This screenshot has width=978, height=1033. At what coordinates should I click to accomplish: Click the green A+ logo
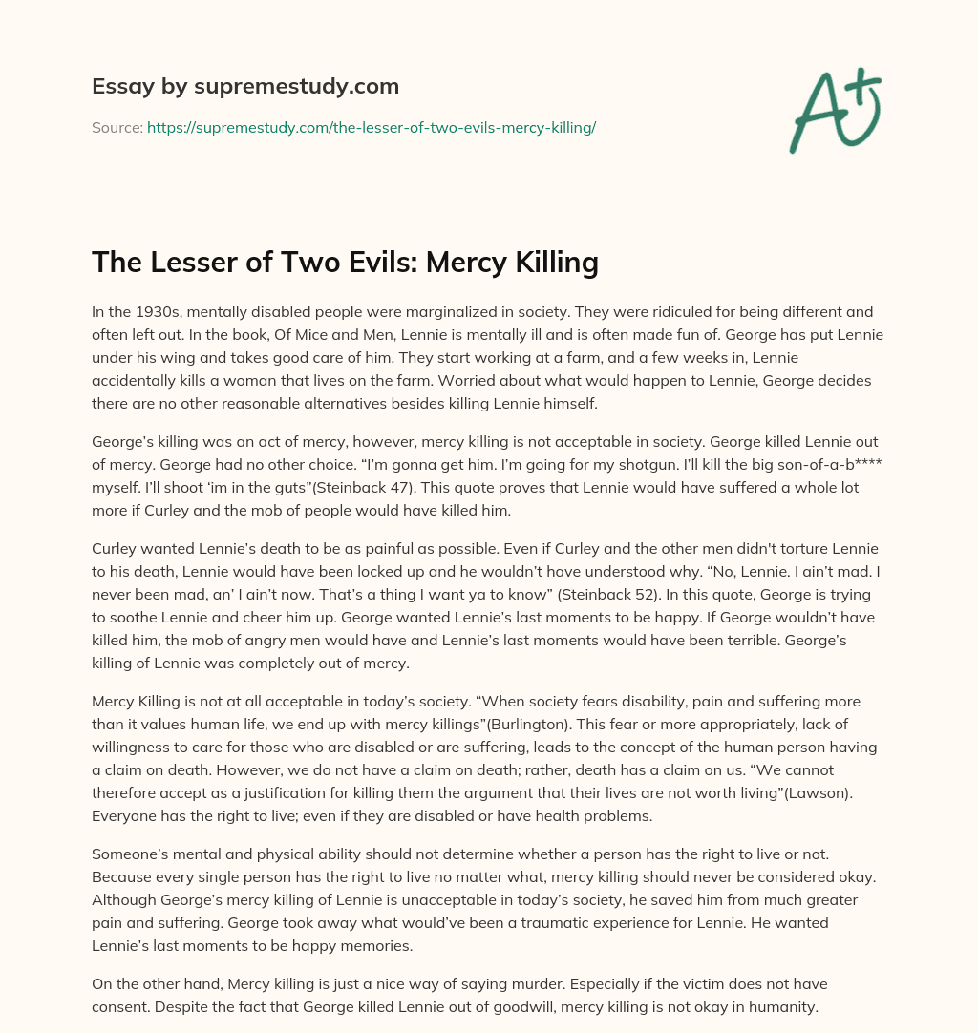click(836, 111)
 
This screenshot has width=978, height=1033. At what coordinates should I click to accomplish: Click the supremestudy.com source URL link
click(372, 127)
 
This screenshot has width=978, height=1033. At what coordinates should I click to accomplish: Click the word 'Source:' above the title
click(117, 127)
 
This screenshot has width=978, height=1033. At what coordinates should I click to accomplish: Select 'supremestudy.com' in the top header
click(297, 87)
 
